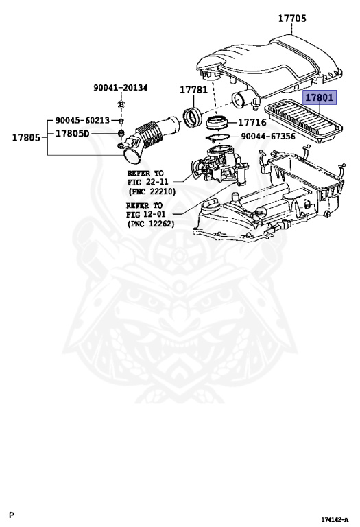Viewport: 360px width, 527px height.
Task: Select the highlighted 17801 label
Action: pyautogui.click(x=320, y=98)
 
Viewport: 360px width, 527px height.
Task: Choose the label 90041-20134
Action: pyautogui.click(x=121, y=88)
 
